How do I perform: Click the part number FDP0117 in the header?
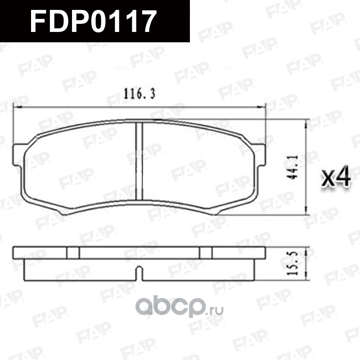[94, 21]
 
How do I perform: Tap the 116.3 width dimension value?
[139, 94]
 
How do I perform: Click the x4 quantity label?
[336, 176]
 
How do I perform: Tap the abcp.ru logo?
[179, 307]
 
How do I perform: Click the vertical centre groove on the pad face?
[139, 161]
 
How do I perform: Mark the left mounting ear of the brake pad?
[18, 155]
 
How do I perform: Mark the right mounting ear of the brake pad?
[260, 155]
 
